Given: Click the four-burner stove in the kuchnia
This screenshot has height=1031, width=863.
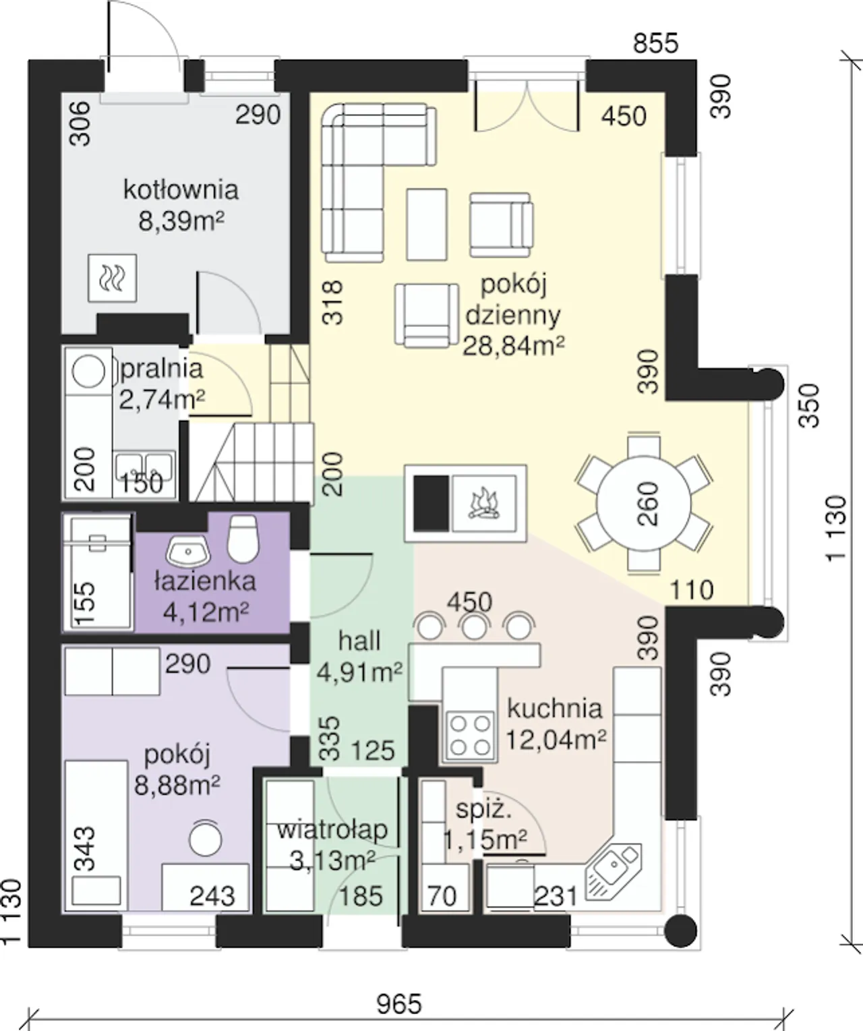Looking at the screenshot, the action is pos(470,736).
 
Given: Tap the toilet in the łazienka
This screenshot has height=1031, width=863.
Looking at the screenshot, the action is pos(243,539).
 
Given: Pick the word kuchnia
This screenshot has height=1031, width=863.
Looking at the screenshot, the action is pos(554,709).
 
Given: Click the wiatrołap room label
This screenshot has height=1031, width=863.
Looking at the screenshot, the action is pos(332,829).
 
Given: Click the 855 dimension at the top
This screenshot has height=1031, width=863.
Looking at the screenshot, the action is pos(655,43).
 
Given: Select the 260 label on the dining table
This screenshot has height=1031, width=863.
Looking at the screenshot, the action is pos(647,504).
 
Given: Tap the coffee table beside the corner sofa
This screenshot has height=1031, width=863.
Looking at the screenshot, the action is pos(427,224).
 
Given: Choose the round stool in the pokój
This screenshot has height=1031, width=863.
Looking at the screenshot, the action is pos(206,838).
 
